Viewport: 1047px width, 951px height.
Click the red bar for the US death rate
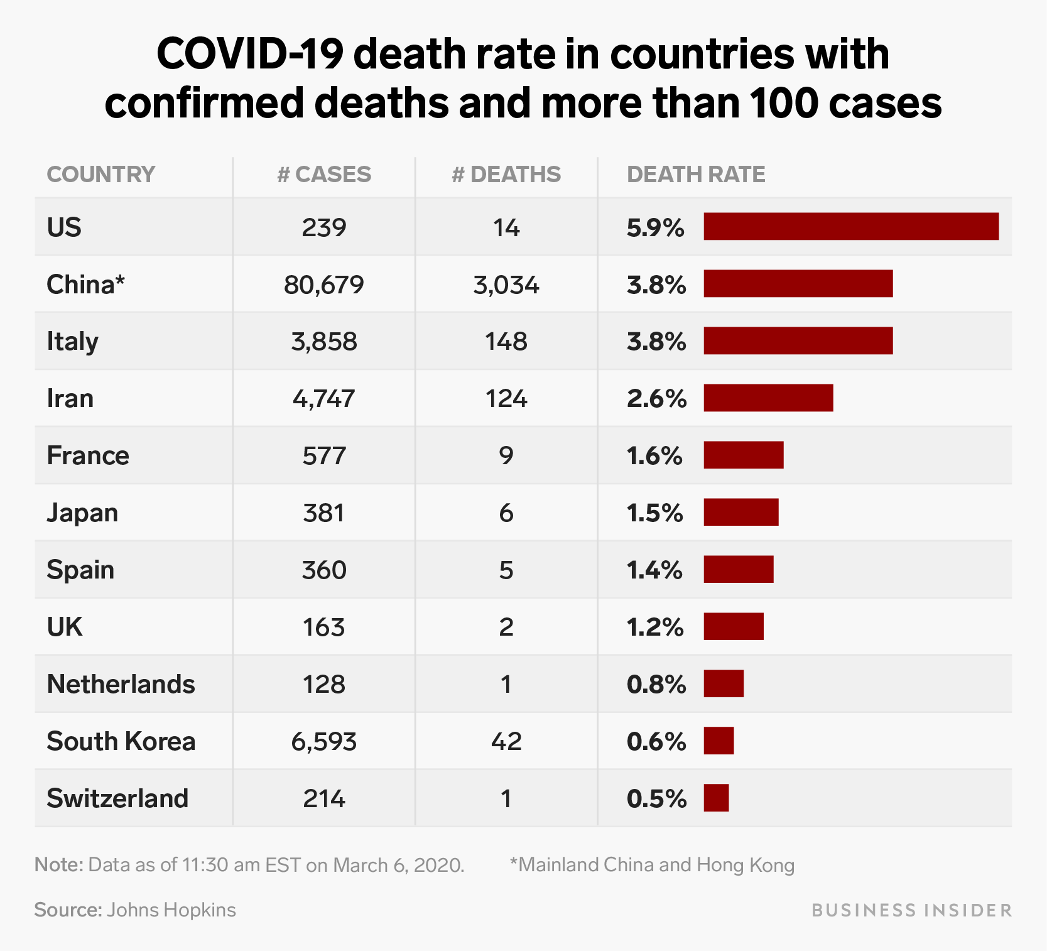coord(850,227)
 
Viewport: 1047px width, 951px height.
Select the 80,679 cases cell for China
coord(323,285)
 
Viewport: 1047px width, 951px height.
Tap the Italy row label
coord(72,342)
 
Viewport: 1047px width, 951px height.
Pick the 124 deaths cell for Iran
coord(506,399)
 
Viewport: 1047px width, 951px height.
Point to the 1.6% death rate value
coord(654,456)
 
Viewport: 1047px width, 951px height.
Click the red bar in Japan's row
coord(740,513)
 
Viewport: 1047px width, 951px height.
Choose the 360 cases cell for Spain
coord(323,570)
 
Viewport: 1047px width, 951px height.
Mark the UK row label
coord(64,627)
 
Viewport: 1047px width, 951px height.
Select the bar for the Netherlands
coord(724,684)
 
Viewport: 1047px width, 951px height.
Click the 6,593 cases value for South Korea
coord(323,742)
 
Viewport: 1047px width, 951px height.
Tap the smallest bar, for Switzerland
coord(716,798)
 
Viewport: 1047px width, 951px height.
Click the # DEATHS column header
coord(506,175)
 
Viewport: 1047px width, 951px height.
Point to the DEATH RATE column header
coord(696,175)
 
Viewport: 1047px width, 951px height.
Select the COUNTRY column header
coord(100,175)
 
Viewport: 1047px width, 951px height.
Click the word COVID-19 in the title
coord(249,54)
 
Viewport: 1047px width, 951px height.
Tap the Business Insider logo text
coord(911,910)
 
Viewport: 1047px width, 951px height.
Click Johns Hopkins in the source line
coord(171,910)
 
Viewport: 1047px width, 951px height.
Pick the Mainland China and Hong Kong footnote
coord(653,865)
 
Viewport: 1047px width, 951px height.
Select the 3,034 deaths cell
coord(506,285)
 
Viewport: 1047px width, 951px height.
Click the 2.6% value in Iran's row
coord(656,399)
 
